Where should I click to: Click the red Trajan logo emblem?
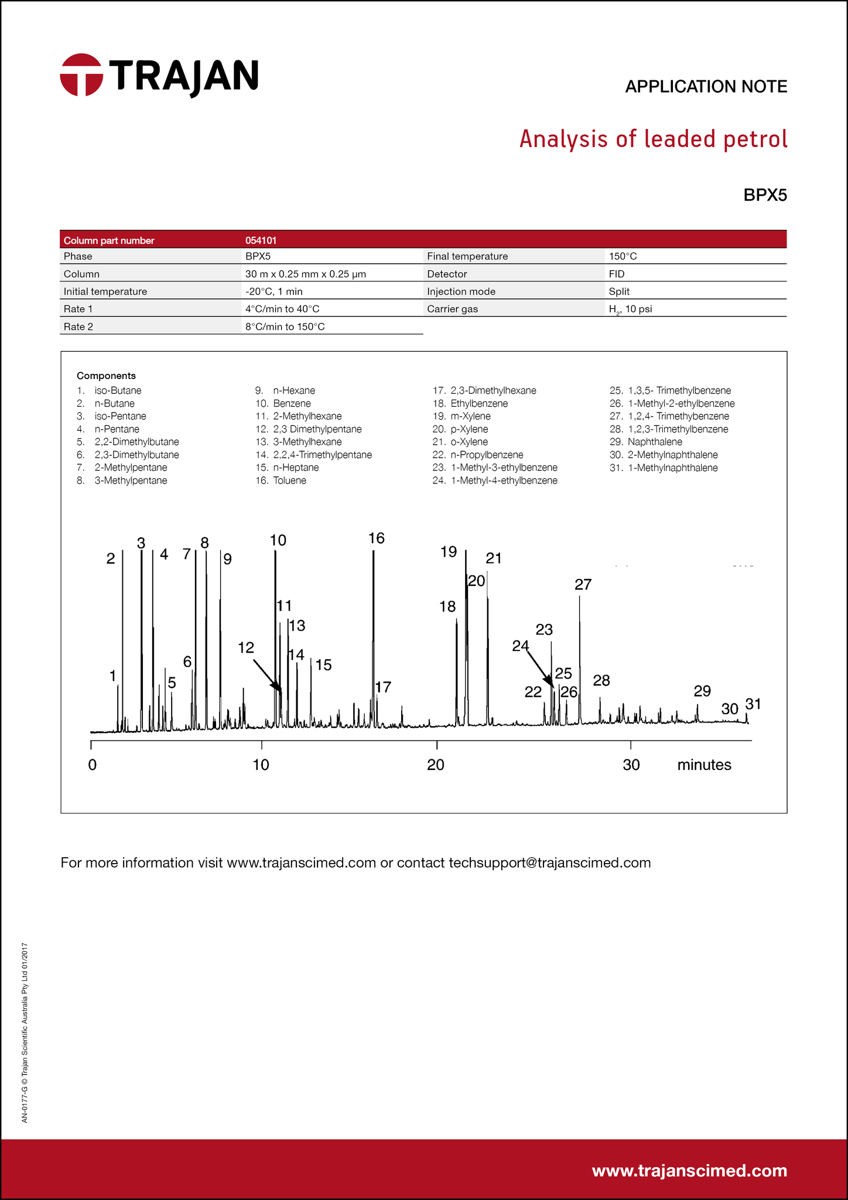81,75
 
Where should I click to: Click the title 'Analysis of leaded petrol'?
653,139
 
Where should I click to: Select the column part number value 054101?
261,240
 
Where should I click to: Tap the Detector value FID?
617,274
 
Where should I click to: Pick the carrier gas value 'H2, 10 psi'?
630,309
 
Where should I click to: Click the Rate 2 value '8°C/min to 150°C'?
285,327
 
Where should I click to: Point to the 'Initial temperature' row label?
105,291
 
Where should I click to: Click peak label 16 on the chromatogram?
377,538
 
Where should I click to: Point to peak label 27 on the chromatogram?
583,584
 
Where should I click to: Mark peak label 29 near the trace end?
702,691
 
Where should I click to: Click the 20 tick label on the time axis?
436,765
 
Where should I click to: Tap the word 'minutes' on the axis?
704,765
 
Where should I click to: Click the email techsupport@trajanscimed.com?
549,862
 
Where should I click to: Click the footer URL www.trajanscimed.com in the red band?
689,1171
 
